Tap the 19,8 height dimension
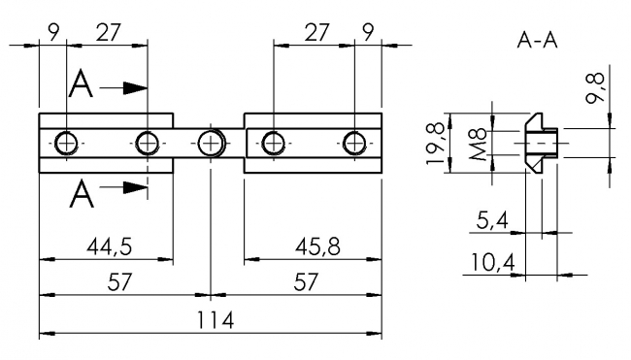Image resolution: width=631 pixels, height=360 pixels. (x=440, y=144)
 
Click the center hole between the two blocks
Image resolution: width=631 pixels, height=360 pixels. (x=211, y=145)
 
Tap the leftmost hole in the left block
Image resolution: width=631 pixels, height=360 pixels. (x=65, y=145)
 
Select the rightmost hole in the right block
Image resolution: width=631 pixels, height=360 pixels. (x=354, y=145)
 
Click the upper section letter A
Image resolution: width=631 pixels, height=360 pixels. (x=82, y=86)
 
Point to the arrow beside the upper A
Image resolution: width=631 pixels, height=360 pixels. (x=123, y=87)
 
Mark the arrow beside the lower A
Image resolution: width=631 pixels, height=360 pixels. (x=123, y=185)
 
